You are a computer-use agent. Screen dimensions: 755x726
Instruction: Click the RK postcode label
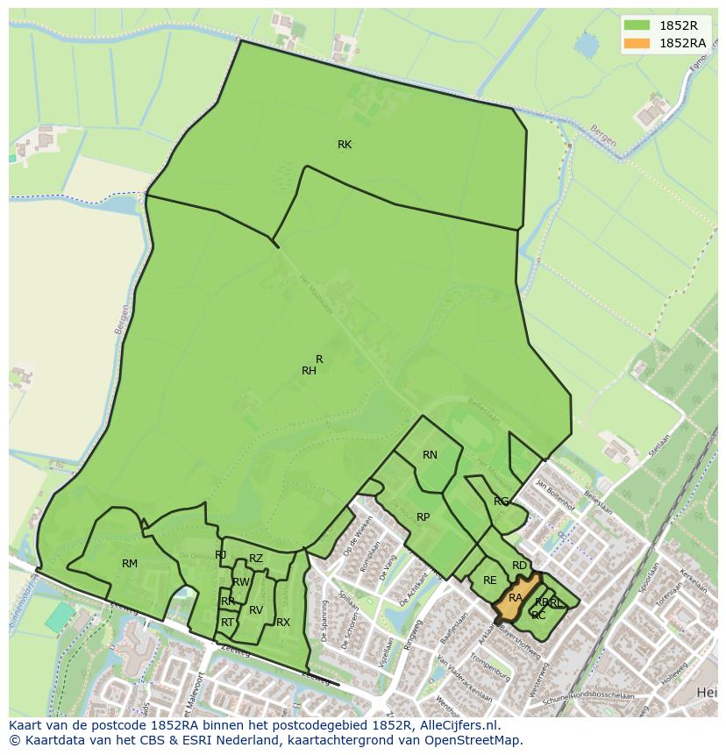point(345,145)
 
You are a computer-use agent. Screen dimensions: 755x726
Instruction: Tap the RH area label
point(309,371)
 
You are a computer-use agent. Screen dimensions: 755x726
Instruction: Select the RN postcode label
point(430,455)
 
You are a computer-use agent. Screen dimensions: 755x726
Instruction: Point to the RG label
point(501,502)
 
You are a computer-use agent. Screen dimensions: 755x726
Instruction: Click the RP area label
point(423,517)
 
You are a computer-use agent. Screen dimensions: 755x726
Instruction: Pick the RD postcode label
point(520,566)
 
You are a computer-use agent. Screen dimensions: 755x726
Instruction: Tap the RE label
point(489,580)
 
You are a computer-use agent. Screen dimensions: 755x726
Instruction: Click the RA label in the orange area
point(516,598)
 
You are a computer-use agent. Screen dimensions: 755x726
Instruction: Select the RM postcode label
point(130,564)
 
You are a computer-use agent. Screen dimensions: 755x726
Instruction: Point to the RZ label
point(256,559)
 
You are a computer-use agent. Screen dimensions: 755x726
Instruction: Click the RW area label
point(241,582)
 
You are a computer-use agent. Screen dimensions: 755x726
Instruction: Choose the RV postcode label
point(256,610)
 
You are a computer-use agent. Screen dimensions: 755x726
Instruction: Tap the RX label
point(283,623)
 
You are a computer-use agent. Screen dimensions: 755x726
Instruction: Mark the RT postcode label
point(227,623)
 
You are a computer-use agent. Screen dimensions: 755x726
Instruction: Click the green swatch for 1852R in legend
point(637,25)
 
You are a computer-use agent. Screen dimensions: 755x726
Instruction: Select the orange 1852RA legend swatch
point(637,43)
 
